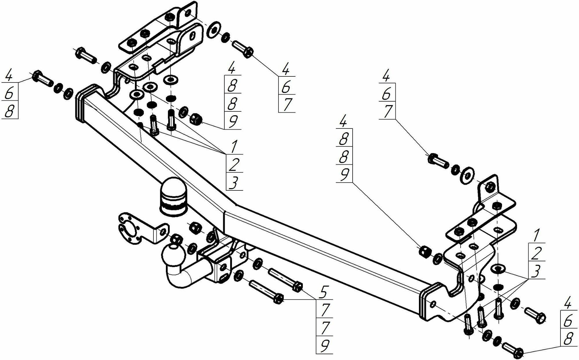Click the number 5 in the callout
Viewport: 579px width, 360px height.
[x=324, y=292]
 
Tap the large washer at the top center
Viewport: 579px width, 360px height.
[x=214, y=29]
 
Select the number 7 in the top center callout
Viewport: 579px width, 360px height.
[x=287, y=104]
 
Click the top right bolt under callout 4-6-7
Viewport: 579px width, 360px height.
[x=437, y=161]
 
